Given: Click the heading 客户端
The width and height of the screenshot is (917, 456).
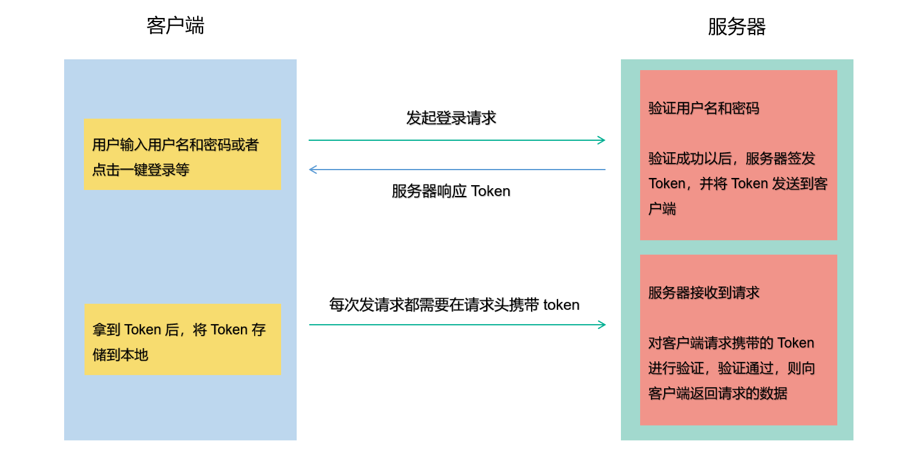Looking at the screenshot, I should click(x=175, y=26).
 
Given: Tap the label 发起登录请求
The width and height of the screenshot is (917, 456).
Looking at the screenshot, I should click(x=451, y=118).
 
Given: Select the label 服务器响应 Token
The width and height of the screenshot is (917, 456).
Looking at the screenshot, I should click(x=451, y=191).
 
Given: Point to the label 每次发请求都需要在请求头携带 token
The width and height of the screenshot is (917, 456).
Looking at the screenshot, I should click(x=454, y=305).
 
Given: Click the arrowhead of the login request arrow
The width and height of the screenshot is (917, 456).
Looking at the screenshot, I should click(x=602, y=140).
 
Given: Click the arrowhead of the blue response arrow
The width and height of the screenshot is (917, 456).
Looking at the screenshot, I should click(x=312, y=170).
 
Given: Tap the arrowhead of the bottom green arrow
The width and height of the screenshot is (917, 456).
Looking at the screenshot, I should click(x=602, y=325).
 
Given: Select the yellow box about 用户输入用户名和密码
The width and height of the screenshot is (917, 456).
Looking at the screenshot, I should click(x=182, y=154).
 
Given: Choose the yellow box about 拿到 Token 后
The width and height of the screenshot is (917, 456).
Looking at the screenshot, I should click(x=183, y=339).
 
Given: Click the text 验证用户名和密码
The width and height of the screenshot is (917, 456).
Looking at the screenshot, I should click(x=704, y=108).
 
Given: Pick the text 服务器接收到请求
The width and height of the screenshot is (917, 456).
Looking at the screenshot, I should click(x=704, y=293).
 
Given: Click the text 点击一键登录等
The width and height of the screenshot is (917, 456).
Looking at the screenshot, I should click(x=140, y=170).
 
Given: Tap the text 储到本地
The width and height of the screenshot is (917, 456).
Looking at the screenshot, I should click(x=120, y=355).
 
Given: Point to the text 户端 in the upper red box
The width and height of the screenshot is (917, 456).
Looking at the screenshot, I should click(x=662, y=209).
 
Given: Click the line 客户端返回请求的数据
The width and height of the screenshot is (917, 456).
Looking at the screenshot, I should click(x=717, y=394).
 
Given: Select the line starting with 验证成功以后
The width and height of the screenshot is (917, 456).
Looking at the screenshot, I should click(x=731, y=159).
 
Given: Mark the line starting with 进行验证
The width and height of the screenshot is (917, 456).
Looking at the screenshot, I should click(x=731, y=369).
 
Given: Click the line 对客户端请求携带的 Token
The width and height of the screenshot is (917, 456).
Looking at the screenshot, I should click(x=731, y=343).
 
